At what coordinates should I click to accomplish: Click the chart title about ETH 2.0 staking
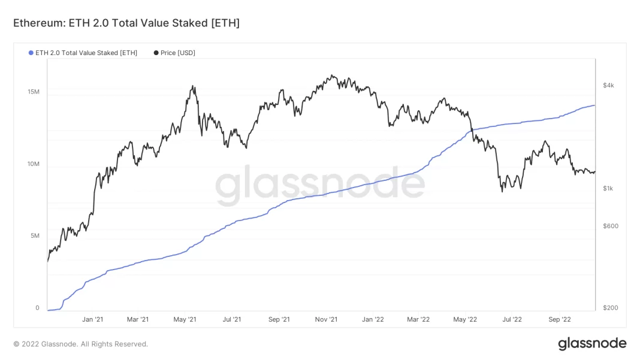[x=126, y=23]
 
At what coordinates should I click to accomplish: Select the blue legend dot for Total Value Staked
[x=31, y=53]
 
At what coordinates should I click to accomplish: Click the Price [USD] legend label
[x=177, y=53]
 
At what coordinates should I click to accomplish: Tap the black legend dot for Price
[x=156, y=53]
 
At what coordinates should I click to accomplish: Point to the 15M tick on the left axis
[x=34, y=92]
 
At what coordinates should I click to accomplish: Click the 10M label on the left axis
[x=34, y=164]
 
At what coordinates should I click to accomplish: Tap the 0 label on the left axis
[x=37, y=308]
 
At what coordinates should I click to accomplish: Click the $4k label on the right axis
[x=608, y=86]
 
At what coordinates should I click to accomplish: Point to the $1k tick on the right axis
[x=608, y=189]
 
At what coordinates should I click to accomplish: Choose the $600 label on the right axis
[x=610, y=226]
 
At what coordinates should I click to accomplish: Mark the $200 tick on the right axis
[x=610, y=308]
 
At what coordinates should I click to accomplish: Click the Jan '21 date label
[x=92, y=320]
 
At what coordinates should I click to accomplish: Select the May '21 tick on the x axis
[x=185, y=320]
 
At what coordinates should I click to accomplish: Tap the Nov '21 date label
[x=326, y=320]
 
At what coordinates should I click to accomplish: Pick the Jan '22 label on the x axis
[x=373, y=320]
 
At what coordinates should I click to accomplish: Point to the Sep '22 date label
[x=560, y=320]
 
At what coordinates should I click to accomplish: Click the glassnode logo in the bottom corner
[x=592, y=344]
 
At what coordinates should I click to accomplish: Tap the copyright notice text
[x=80, y=344]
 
